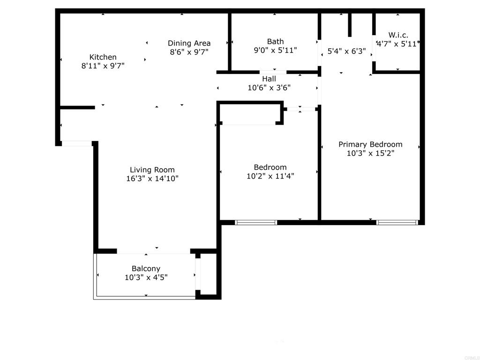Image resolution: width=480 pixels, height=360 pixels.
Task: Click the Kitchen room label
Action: click(103, 57)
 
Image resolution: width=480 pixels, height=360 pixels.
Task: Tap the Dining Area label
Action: click(189, 43)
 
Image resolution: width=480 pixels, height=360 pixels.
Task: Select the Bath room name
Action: click(275, 41)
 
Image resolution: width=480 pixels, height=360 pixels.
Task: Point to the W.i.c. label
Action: click(398, 35)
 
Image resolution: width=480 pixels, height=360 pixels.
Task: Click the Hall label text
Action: click(269, 79)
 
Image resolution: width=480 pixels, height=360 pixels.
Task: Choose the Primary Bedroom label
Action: click(370, 144)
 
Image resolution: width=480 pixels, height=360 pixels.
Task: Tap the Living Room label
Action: click(152, 170)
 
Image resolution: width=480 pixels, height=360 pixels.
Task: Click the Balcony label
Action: click(146, 269)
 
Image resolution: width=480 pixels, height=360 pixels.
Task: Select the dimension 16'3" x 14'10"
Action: click(152, 179)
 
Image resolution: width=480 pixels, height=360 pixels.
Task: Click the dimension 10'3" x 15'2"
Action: click(370, 153)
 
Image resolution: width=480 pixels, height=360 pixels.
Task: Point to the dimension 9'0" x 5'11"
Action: click(275, 50)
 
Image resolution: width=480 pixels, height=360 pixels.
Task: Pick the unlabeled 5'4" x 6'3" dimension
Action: click(346, 51)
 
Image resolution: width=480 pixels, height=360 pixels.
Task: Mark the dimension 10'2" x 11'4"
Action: click(270, 176)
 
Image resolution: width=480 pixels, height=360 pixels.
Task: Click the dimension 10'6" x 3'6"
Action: click(269, 88)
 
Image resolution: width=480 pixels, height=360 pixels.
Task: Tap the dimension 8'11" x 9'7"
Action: click(103, 66)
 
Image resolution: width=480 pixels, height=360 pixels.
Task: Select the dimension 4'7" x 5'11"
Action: click(397, 44)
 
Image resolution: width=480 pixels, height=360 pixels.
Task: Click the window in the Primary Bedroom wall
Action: click(397, 223)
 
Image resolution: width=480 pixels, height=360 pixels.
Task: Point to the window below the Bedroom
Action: click(256, 223)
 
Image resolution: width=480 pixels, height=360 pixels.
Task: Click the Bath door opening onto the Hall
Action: click(273, 72)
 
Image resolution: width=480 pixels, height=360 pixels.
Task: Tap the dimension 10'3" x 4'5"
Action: click(146, 277)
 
